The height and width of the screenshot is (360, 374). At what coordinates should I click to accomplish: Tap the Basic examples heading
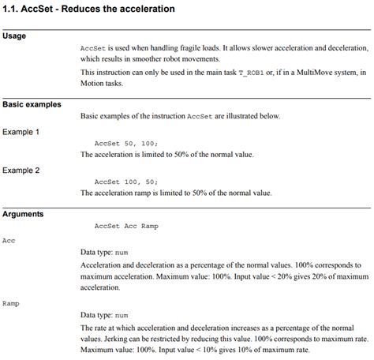pyautogui.click(x=32, y=104)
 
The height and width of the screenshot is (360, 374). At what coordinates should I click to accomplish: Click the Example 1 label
pyautogui.click(x=21, y=132)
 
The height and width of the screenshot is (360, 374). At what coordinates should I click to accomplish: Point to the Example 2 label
pyautogui.click(x=21, y=170)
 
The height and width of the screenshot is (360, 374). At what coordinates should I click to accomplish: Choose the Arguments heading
pyautogui.click(x=23, y=213)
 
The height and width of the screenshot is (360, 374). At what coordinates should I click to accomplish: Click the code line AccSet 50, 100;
pyautogui.click(x=125, y=144)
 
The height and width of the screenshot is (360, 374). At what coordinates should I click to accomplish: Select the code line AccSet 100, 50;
pyautogui.click(x=125, y=182)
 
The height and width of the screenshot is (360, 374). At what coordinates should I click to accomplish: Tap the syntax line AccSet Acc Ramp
pyautogui.click(x=125, y=226)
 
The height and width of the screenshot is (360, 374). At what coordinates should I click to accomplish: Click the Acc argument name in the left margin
pyautogui.click(x=9, y=240)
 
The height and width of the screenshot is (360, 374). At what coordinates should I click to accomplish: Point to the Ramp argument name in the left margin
pyautogui.click(x=10, y=302)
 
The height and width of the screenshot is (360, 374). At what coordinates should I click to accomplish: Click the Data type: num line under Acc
pyautogui.click(x=104, y=252)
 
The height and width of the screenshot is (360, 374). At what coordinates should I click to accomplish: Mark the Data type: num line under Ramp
pyautogui.click(x=104, y=314)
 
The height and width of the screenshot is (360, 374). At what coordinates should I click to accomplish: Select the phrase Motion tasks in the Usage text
pyautogui.click(x=104, y=84)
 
